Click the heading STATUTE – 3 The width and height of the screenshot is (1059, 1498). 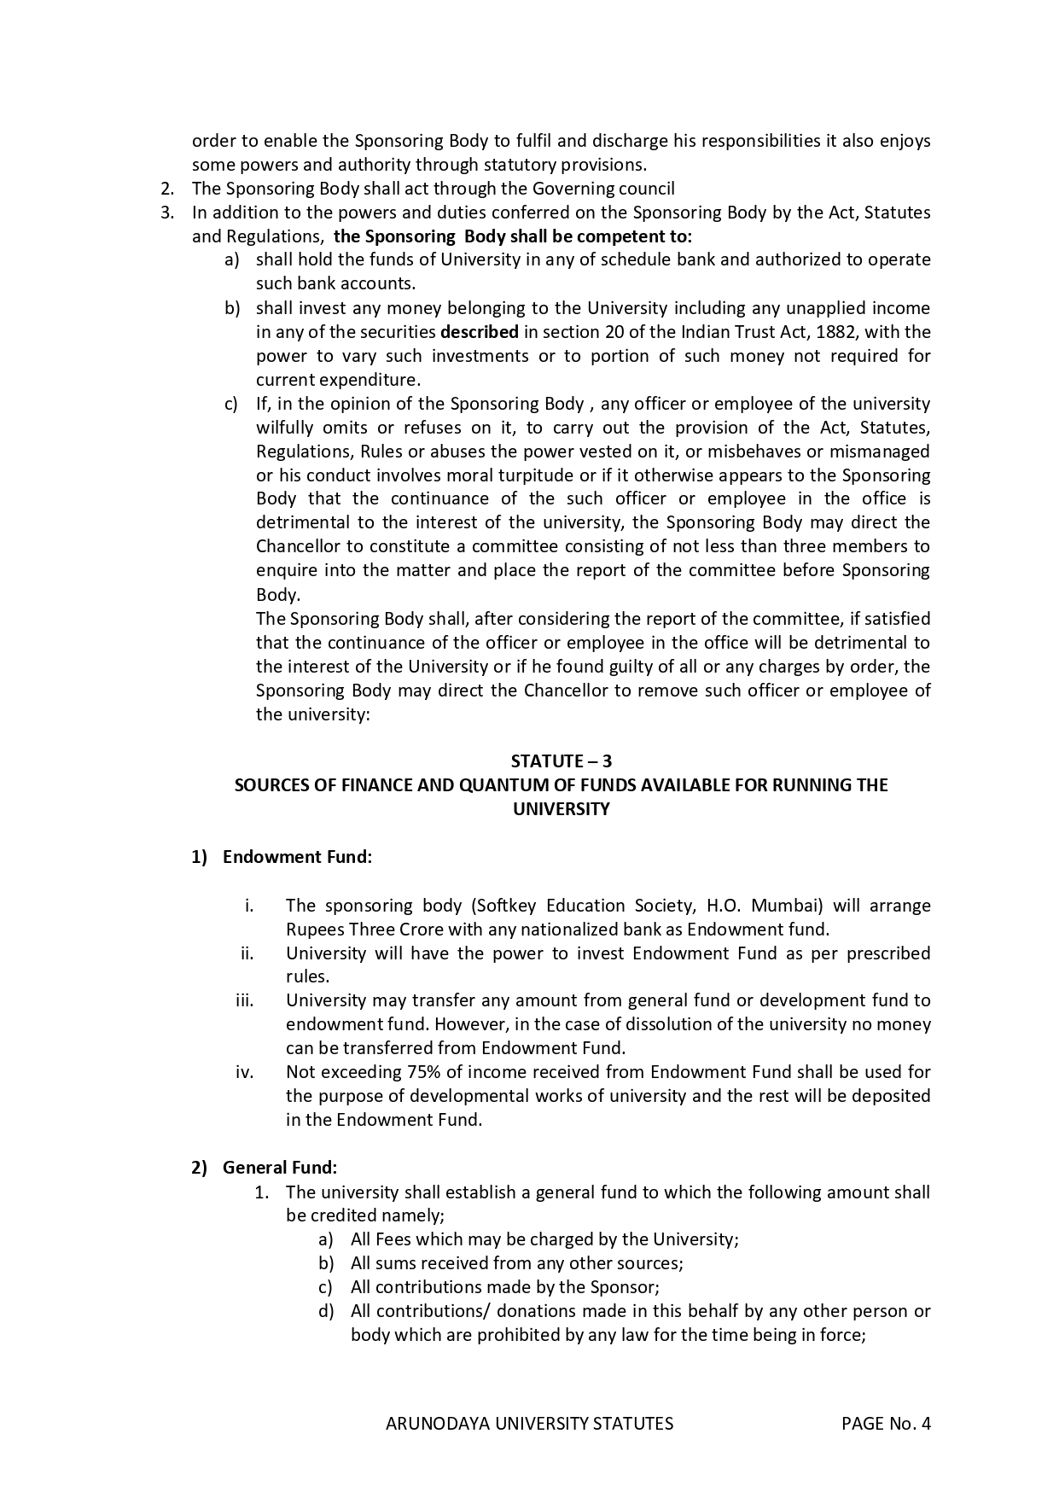pos(561,761)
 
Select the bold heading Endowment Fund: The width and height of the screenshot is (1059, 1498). pos(297,856)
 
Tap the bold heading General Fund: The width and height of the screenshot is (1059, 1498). pos(280,1167)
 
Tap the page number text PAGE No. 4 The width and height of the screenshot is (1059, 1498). pos(886,1423)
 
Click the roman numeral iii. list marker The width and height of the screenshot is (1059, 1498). pos(245,1000)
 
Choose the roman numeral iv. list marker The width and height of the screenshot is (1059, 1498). pos(245,1071)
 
